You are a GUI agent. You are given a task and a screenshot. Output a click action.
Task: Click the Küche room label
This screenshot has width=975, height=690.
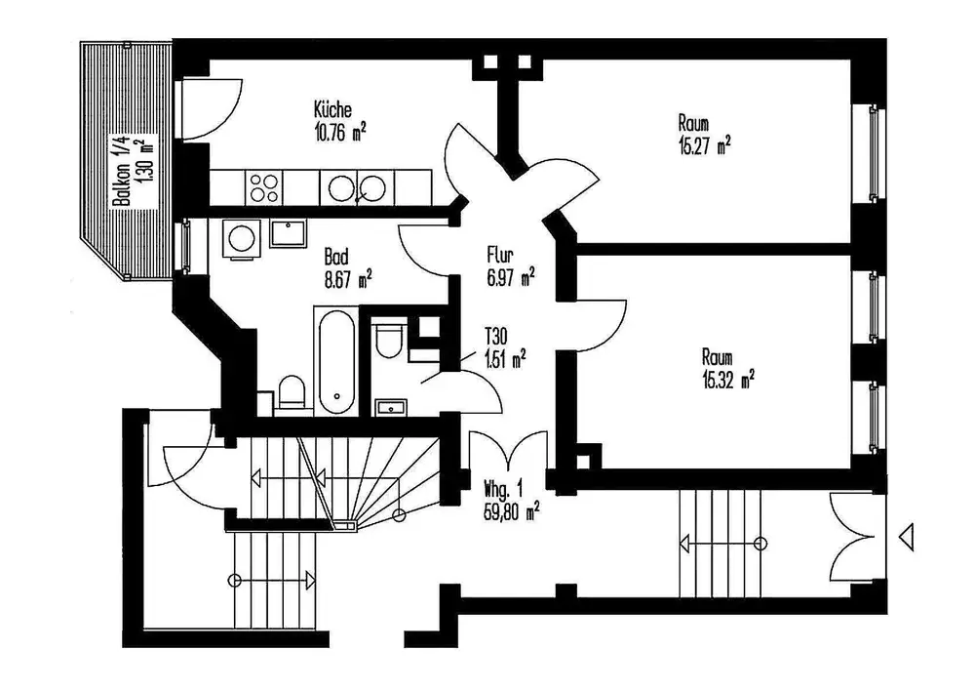(332, 110)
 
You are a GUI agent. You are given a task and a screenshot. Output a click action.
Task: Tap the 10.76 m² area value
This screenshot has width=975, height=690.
(339, 133)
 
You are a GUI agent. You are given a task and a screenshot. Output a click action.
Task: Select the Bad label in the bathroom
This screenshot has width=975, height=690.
(335, 257)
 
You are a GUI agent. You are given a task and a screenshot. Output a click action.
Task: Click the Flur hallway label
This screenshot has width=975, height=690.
(500, 255)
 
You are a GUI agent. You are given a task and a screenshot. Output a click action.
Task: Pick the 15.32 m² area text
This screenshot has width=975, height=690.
(728, 380)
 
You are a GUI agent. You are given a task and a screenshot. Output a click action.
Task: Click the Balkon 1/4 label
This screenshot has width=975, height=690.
(121, 171)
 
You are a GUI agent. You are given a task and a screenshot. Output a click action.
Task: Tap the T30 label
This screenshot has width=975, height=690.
(495, 337)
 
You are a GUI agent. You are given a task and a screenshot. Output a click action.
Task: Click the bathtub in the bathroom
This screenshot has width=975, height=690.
(336, 360)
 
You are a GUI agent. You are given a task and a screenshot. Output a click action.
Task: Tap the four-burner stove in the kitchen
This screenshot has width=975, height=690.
(263, 187)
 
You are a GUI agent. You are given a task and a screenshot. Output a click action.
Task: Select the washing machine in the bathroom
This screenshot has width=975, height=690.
(241, 238)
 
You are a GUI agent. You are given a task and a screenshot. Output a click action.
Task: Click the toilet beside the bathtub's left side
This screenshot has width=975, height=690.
(292, 391)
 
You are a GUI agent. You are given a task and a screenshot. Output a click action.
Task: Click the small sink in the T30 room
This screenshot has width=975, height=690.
(391, 408)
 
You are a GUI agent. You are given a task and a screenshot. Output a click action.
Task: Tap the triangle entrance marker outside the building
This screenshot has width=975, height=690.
(907, 537)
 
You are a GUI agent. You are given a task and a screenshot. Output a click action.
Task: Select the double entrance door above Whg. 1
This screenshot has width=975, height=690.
(509, 450)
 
